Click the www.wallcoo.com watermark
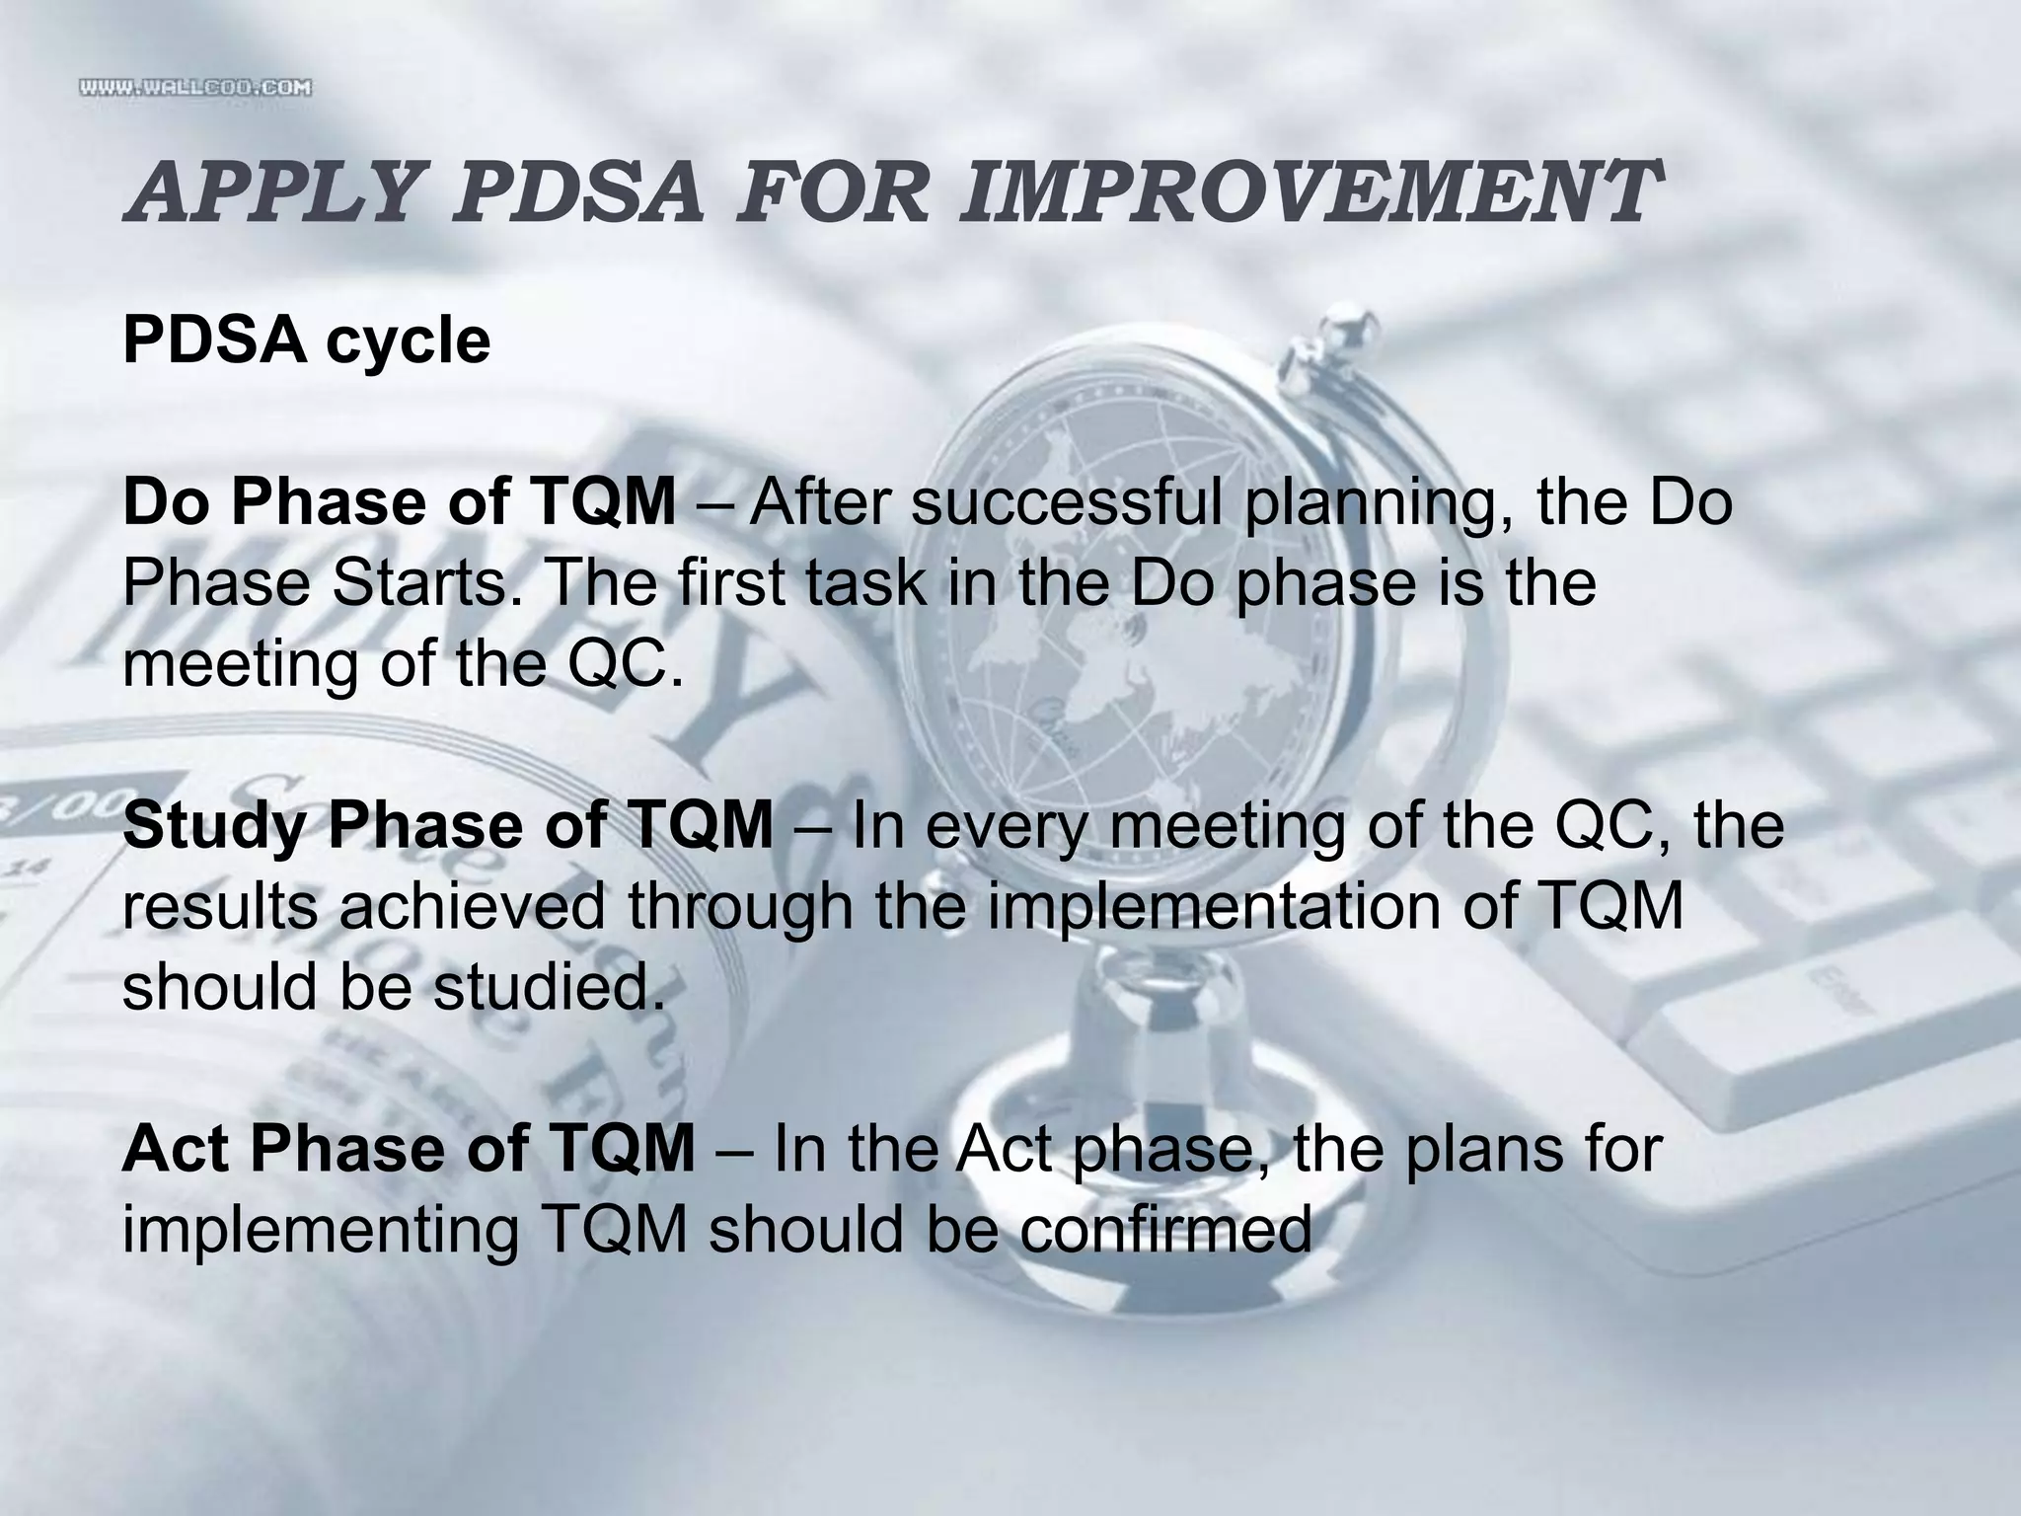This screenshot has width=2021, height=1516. pos(195,89)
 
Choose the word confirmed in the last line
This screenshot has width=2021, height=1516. pos(1164,1230)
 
